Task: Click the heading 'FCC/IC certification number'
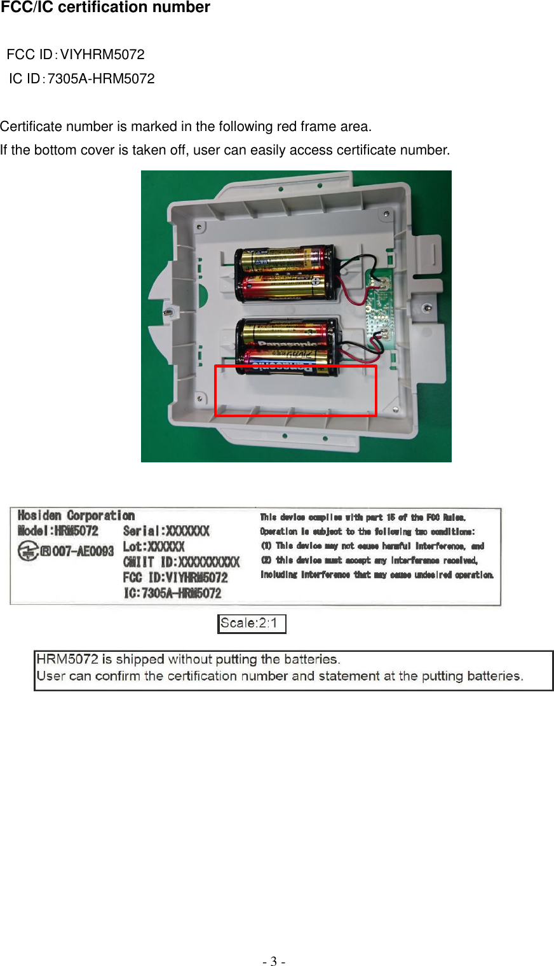click(105, 8)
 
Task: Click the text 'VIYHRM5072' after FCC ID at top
click(102, 55)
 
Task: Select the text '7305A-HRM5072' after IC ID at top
click(101, 79)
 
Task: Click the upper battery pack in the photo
click(284, 273)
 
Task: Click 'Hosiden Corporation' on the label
click(76, 516)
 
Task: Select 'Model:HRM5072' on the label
click(58, 531)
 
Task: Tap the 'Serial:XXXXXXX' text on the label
click(166, 531)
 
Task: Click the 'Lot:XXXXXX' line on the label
click(154, 546)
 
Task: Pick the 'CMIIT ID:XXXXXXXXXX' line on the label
click(181, 562)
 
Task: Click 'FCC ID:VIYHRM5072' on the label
click(175, 577)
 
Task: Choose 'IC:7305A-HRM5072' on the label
click(172, 593)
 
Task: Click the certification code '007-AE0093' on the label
click(83, 551)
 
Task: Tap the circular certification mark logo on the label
click(28, 551)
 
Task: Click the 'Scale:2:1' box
click(252, 624)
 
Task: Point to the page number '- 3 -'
click(274, 961)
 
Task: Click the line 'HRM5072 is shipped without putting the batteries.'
click(188, 659)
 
